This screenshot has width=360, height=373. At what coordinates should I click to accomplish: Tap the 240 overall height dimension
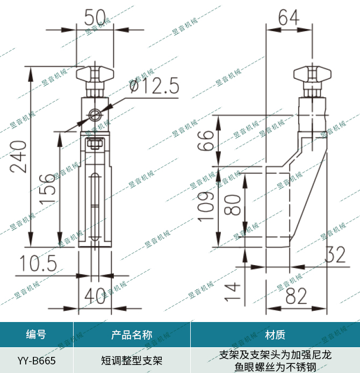19,156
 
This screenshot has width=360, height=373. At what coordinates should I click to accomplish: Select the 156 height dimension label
48,187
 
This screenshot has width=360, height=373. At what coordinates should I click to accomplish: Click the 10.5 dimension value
39,263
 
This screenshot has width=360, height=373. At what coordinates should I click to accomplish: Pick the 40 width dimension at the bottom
95,295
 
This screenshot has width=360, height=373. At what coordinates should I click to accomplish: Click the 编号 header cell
36,335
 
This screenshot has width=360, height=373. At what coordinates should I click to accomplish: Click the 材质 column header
275,335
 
